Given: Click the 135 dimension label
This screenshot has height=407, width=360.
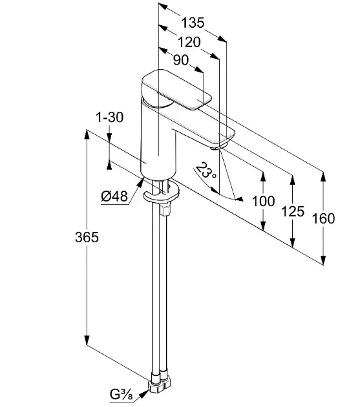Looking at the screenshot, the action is (193, 23).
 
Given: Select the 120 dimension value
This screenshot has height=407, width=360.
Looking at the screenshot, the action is (189, 42).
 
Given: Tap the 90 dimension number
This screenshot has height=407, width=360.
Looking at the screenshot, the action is (180, 60).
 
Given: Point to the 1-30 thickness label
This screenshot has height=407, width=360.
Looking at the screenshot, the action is (110, 118).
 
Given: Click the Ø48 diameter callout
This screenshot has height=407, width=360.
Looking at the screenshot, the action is (114, 196).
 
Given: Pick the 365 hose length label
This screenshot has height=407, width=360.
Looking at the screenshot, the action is (87, 237).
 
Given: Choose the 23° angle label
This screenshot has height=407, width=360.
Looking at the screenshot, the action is (206, 170).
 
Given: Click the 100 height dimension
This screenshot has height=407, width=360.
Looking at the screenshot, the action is (264, 201).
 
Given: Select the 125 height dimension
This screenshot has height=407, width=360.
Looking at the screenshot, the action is (293, 211).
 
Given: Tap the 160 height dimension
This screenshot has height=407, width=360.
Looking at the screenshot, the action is (323, 218).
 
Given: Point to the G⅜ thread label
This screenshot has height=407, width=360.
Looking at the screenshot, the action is (122, 395).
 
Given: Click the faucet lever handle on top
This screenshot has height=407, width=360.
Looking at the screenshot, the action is (176, 89).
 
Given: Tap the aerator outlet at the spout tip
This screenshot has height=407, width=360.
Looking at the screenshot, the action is (220, 147).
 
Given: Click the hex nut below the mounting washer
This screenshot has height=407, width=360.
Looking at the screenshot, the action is (165, 210).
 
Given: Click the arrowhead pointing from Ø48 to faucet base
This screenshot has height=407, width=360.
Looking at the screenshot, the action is (140, 182).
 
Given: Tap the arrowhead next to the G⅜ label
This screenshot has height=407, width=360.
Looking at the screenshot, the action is (143, 395).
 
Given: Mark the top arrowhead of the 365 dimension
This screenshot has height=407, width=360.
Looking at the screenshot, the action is (87, 134).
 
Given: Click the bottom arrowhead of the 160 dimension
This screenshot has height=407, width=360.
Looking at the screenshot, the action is (323, 260).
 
